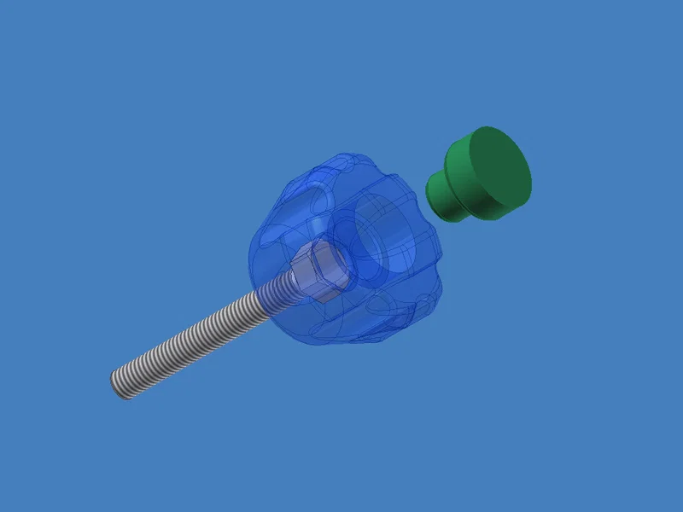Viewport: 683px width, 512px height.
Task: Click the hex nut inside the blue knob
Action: click(x=319, y=271)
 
